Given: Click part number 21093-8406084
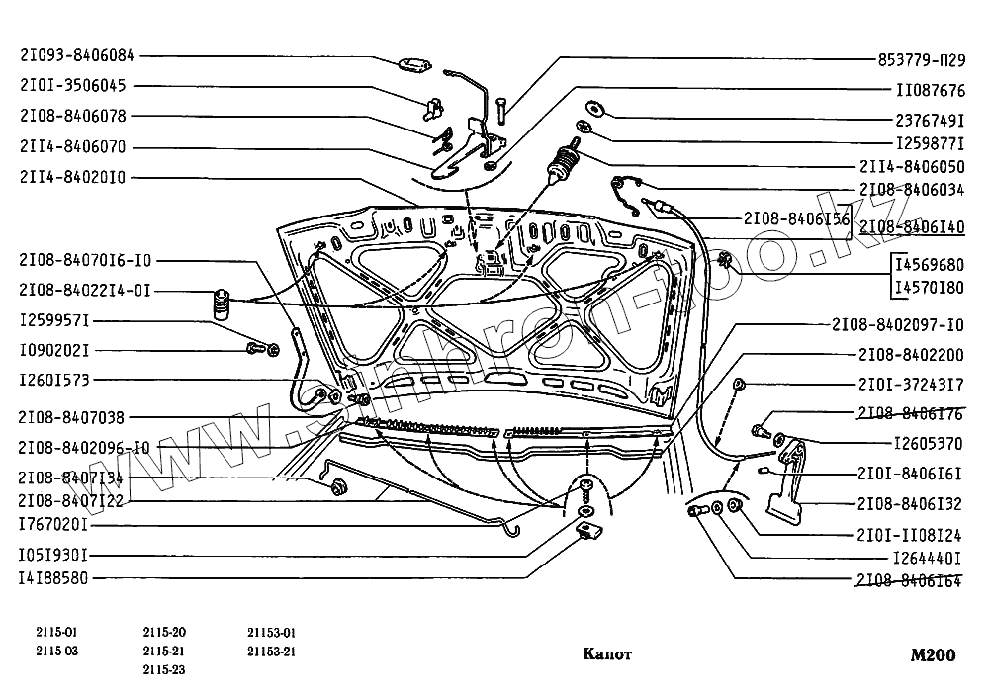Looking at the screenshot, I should tap(77, 56).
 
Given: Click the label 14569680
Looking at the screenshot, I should tap(929, 265).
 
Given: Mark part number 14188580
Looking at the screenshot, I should tap(54, 579).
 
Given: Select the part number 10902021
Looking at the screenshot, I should tap(54, 350).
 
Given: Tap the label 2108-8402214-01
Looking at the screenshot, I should tap(84, 291).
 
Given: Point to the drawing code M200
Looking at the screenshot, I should tap(934, 653).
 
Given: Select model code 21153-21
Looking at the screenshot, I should tap(272, 652).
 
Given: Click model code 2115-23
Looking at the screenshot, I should tap(163, 669).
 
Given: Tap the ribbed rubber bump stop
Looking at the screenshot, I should tap(221, 304).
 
